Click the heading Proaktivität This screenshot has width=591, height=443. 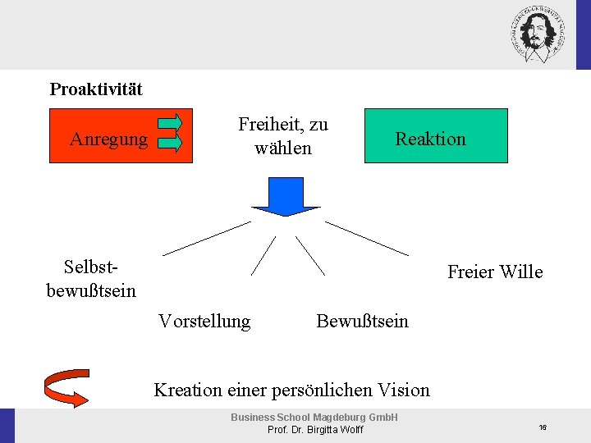(x=96, y=89)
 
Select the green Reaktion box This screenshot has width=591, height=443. (x=436, y=136)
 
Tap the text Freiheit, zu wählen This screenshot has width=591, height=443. (x=283, y=136)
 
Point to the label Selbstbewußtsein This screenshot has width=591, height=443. (x=91, y=278)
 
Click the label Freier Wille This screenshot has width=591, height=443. (x=495, y=272)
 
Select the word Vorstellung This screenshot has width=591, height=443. (x=204, y=321)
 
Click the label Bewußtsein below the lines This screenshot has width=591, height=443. (x=362, y=321)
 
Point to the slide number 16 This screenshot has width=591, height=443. (x=543, y=427)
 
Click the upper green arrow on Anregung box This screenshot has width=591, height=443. (x=170, y=124)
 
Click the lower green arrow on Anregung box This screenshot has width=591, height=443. (x=170, y=143)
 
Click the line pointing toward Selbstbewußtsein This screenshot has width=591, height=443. (x=206, y=238)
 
